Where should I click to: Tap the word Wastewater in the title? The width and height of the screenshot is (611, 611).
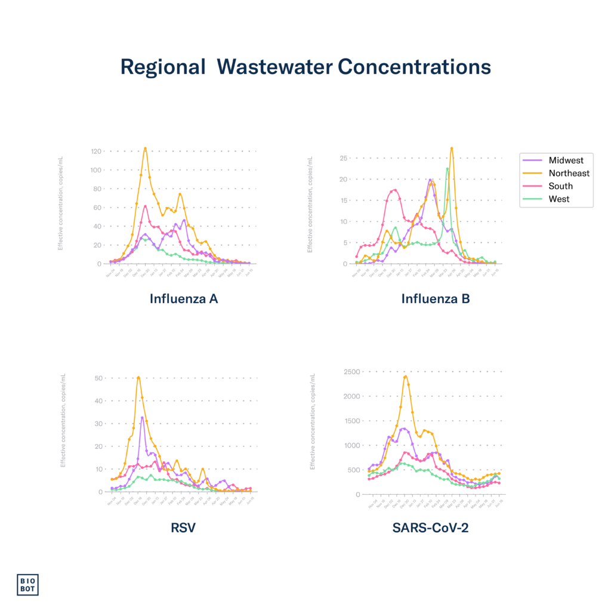(x=274, y=67)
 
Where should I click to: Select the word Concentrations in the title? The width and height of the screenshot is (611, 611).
(x=414, y=67)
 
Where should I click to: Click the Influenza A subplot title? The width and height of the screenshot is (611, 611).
(x=184, y=299)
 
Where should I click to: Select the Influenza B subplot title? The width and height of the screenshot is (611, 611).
(x=436, y=299)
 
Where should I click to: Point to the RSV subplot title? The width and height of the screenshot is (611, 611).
(x=183, y=527)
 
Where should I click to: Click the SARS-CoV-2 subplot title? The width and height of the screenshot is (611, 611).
(x=430, y=527)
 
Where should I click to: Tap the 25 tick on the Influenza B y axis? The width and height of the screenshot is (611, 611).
(x=343, y=158)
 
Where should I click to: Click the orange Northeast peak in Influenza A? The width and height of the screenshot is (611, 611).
(x=145, y=148)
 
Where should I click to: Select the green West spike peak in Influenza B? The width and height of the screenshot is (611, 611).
(x=448, y=168)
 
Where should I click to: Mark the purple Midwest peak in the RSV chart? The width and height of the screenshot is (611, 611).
(x=142, y=418)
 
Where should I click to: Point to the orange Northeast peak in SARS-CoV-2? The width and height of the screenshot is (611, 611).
(x=406, y=376)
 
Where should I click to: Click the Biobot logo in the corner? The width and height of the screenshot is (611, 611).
(x=27, y=584)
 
